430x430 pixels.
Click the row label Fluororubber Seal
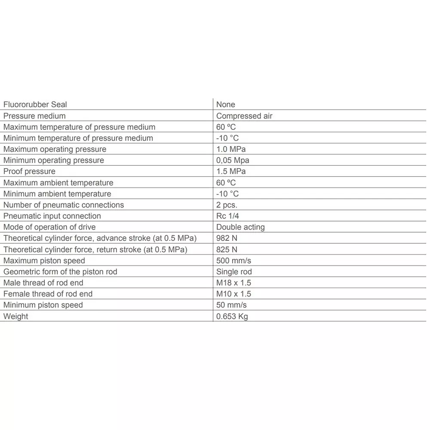pos(35,104)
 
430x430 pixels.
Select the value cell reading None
pos(226,104)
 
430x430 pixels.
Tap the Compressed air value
pos(244,116)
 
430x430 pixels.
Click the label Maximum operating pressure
pos(55,149)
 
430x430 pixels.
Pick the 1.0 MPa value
pos(231,149)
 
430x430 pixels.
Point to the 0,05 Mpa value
pos(233,160)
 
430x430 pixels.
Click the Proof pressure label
pos(29,172)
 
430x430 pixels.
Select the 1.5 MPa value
pos(231,172)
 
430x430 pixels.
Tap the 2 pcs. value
pos(227,205)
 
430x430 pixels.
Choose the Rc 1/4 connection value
pos(227,216)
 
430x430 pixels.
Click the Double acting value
pos(240,227)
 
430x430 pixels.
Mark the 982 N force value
pos(227,238)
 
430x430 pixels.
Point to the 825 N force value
pos(227,249)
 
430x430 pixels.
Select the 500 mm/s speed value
pos(233,261)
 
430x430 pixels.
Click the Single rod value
pos(234,272)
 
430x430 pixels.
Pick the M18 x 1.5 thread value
pos(233,283)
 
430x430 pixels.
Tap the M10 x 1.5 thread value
pos(233,294)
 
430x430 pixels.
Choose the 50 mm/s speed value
pos(231,305)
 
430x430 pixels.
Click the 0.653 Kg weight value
pos(232,316)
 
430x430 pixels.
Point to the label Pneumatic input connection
pos(52,216)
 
